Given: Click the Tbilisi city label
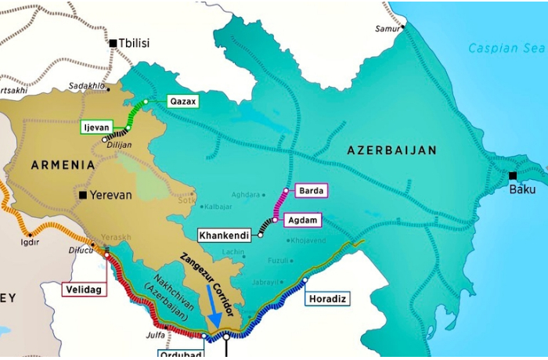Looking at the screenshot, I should (135, 43).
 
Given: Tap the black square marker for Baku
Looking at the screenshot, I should (513, 176).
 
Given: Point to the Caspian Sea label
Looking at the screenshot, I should (506, 49).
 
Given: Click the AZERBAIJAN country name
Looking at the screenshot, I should (402, 149).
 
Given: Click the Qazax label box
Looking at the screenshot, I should (183, 101).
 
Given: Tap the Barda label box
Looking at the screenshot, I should (311, 190).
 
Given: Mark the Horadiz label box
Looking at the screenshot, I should (326, 298).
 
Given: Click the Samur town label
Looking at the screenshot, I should (388, 29).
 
